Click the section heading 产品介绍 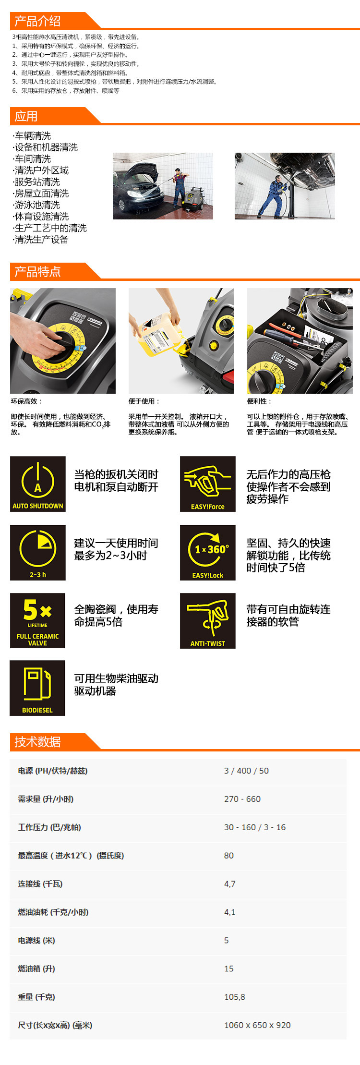click(37, 21)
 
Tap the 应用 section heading click(26, 116)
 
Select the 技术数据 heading click(37, 742)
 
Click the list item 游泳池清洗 click(36, 205)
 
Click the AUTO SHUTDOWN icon click(38, 484)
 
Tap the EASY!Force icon click(208, 484)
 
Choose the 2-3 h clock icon click(38, 553)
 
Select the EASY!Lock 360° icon click(208, 553)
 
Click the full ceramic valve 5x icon click(37, 621)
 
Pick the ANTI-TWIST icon click(208, 621)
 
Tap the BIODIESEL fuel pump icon click(37, 688)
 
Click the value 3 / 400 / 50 click(246, 771)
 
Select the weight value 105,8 click(234, 997)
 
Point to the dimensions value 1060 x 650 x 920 click(257, 1025)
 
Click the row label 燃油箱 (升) click(36, 968)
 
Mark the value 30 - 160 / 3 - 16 click(255, 827)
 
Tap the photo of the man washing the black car click(163, 186)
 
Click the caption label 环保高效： click(26, 401)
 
